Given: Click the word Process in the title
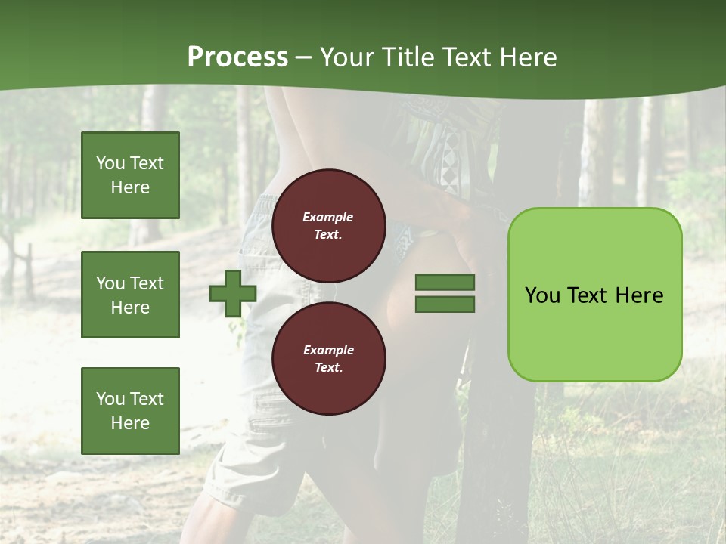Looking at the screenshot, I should (237, 57).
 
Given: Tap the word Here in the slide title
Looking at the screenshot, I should (529, 57).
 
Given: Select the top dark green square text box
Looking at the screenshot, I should (130, 175).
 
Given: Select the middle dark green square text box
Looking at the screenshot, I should (130, 295).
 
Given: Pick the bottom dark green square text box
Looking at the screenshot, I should (130, 411).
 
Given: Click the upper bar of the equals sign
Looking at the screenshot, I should (445, 283).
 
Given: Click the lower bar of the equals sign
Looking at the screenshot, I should (445, 304).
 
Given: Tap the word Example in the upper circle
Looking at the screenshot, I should (327, 217).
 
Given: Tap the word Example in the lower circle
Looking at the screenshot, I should (328, 350).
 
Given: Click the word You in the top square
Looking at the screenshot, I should (110, 163).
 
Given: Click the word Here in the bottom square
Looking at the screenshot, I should (130, 423).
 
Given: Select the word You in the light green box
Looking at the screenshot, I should (542, 295).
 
